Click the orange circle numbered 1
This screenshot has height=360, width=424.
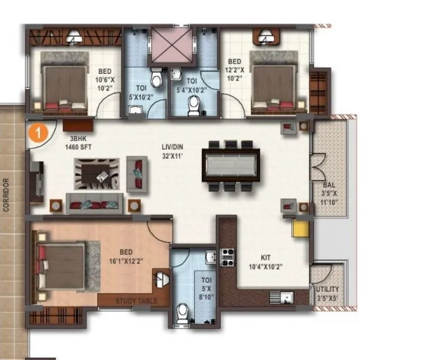(37, 133)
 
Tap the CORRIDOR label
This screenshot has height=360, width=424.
(7, 195)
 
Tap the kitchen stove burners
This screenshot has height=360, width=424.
(228, 257)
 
